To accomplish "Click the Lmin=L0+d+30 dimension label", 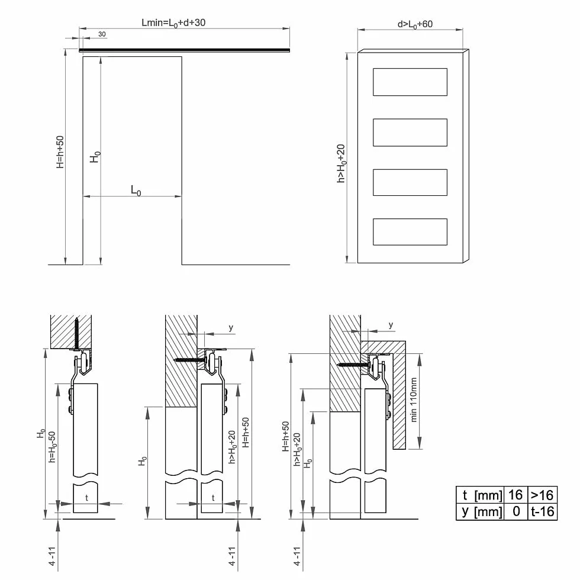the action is click(173, 23).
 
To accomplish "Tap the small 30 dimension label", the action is click(102, 34).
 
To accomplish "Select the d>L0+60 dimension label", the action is click(415, 24).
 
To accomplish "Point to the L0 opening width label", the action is click(136, 191).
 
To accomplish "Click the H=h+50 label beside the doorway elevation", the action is click(60, 152).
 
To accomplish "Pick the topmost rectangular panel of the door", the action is click(410, 82).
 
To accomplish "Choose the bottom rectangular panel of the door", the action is click(410, 232).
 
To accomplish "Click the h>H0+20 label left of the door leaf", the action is click(341, 163).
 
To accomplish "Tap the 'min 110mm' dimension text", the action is click(414, 399).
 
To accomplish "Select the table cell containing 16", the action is click(515, 495).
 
